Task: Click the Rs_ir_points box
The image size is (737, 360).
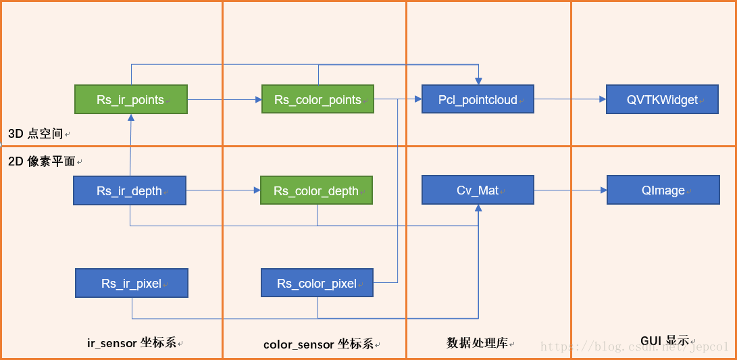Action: (x=131, y=99)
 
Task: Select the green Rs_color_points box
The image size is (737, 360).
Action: (x=317, y=99)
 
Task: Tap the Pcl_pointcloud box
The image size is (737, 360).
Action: (x=478, y=99)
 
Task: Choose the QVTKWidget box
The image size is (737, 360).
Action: (x=662, y=99)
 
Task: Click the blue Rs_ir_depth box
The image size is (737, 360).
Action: (x=130, y=190)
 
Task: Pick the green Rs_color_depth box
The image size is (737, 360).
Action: (x=316, y=190)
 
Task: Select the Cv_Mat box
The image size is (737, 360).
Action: (x=478, y=190)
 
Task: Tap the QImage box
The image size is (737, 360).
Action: (x=663, y=190)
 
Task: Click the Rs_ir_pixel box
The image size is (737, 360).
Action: (x=132, y=283)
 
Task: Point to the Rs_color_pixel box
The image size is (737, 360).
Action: (x=317, y=283)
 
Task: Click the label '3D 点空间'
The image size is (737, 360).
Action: (x=36, y=134)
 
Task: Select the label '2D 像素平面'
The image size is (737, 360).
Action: (x=42, y=161)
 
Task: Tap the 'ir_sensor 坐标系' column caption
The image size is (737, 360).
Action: (x=132, y=343)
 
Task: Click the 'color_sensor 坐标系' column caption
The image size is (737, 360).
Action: (x=318, y=344)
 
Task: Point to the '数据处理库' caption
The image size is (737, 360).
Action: (x=477, y=343)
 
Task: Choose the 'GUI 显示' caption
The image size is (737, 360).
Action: (x=665, y=340)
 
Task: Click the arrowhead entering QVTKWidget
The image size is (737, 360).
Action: (x=603, y=99)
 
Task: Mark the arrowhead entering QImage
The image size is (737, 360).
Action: (x=603, y=190)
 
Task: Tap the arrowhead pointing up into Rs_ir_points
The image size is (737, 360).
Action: (x=131, y=118)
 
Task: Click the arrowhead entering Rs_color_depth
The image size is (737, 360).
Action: (x=257, y=190)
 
